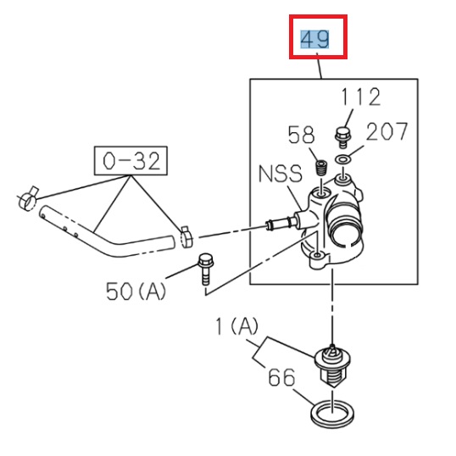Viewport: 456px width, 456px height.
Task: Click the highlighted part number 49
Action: pos(315,38)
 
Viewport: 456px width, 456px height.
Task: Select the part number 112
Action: pos(362,97)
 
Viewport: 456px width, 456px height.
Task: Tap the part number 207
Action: pos(386,131)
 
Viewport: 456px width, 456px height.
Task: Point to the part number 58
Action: pos(301,135)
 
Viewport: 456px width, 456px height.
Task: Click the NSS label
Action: pos(279,175)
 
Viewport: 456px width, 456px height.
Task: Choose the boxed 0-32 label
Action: pos(130,160)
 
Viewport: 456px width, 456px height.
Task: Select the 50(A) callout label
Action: pos(136,291)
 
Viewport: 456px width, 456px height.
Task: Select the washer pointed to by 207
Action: pos(344,158)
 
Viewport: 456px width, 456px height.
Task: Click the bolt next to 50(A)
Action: pos(204,269)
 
